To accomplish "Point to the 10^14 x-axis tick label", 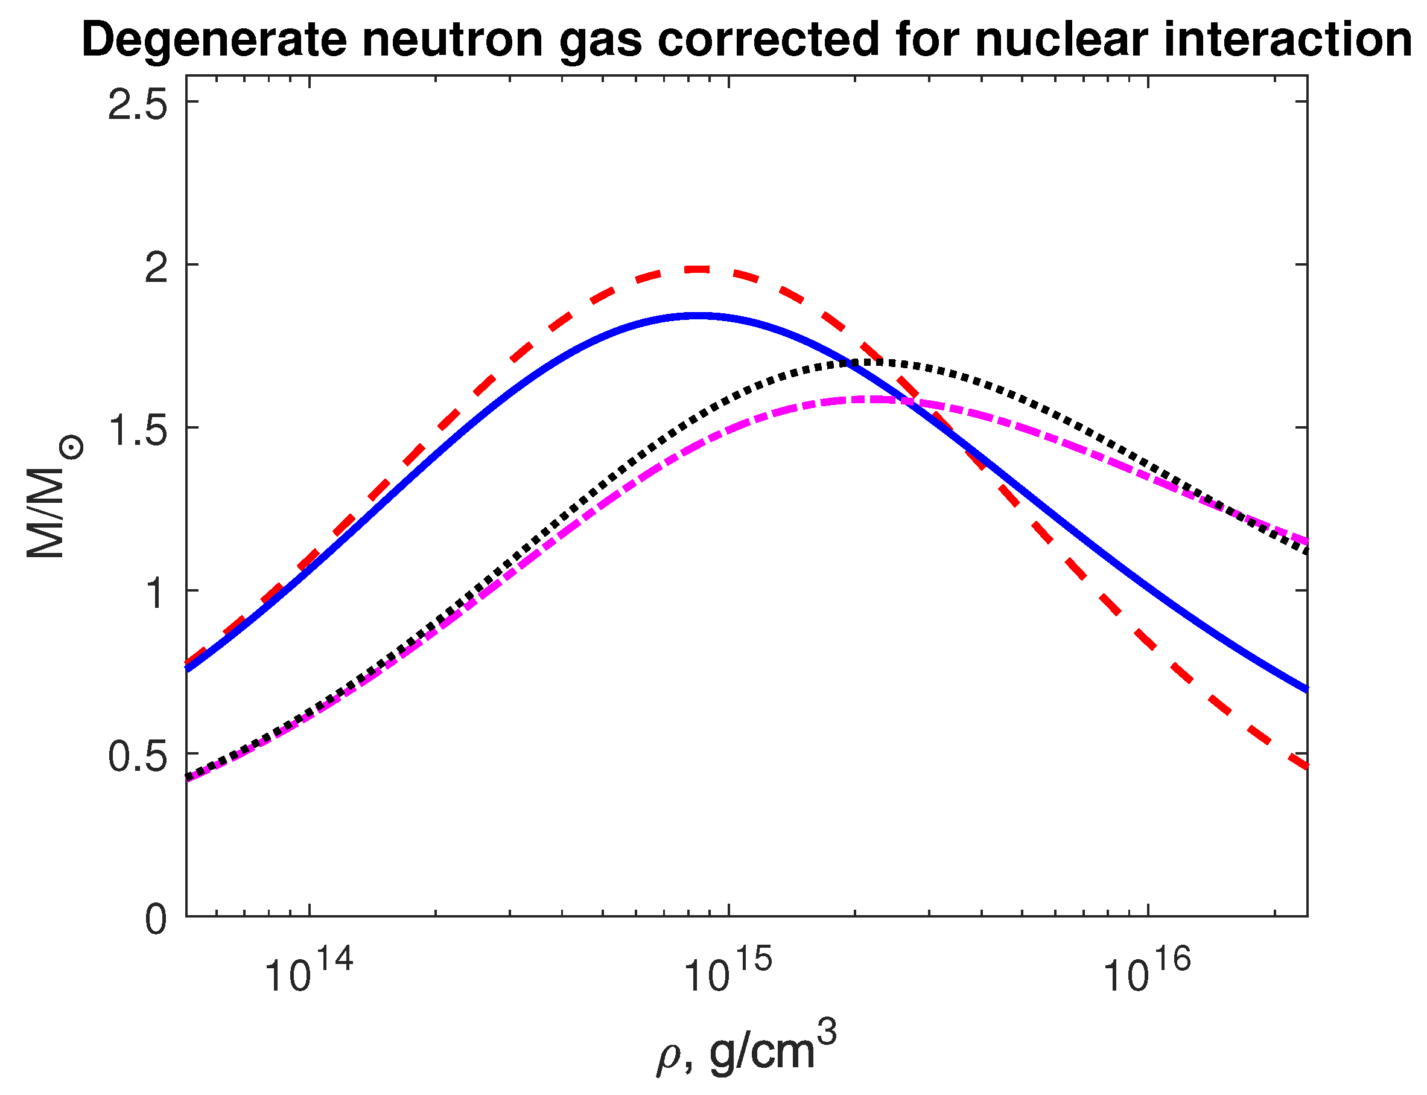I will [x=308, y=971].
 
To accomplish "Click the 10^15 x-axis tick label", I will [x=727, y=971].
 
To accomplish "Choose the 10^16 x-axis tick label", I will [x=1146, y=971].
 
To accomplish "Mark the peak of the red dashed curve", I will [x=698, y=269].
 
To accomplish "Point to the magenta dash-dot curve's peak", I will [x=863, y=399].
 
